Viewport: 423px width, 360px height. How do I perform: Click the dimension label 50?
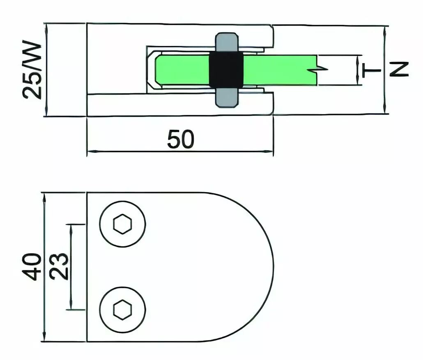pyautogui.click(x=180, y=139)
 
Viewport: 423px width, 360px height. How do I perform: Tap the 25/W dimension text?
pyautogui.click(x=32, y=70)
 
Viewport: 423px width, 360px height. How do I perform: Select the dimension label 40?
pyautogui.click(x=32, y=267)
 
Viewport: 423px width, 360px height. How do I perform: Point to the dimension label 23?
pyautogui.click(x=59, y=266)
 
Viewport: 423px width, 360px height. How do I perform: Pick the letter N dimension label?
pyautogui.click(x=399, y=69)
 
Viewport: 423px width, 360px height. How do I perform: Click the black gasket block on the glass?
pyautogui.click(x=226, y=69)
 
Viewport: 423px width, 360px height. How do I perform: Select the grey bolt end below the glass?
pyautogui.click(x=226, y=97)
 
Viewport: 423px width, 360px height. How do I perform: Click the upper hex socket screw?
pyautogui.click(x=123, y=224)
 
